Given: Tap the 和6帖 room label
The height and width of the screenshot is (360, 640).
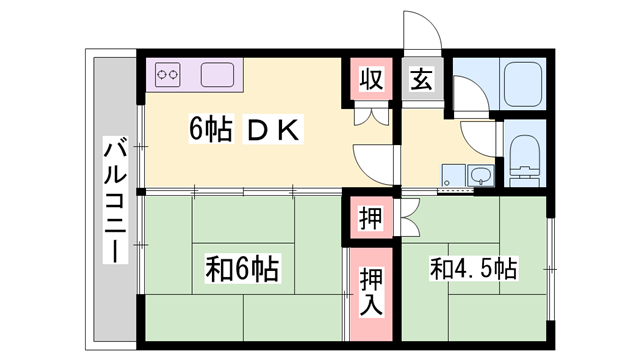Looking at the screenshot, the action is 243,268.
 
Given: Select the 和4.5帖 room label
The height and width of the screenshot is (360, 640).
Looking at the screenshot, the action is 473,268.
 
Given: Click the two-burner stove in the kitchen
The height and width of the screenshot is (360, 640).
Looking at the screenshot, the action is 167,74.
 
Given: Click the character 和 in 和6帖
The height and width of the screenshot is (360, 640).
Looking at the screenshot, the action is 218,268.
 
